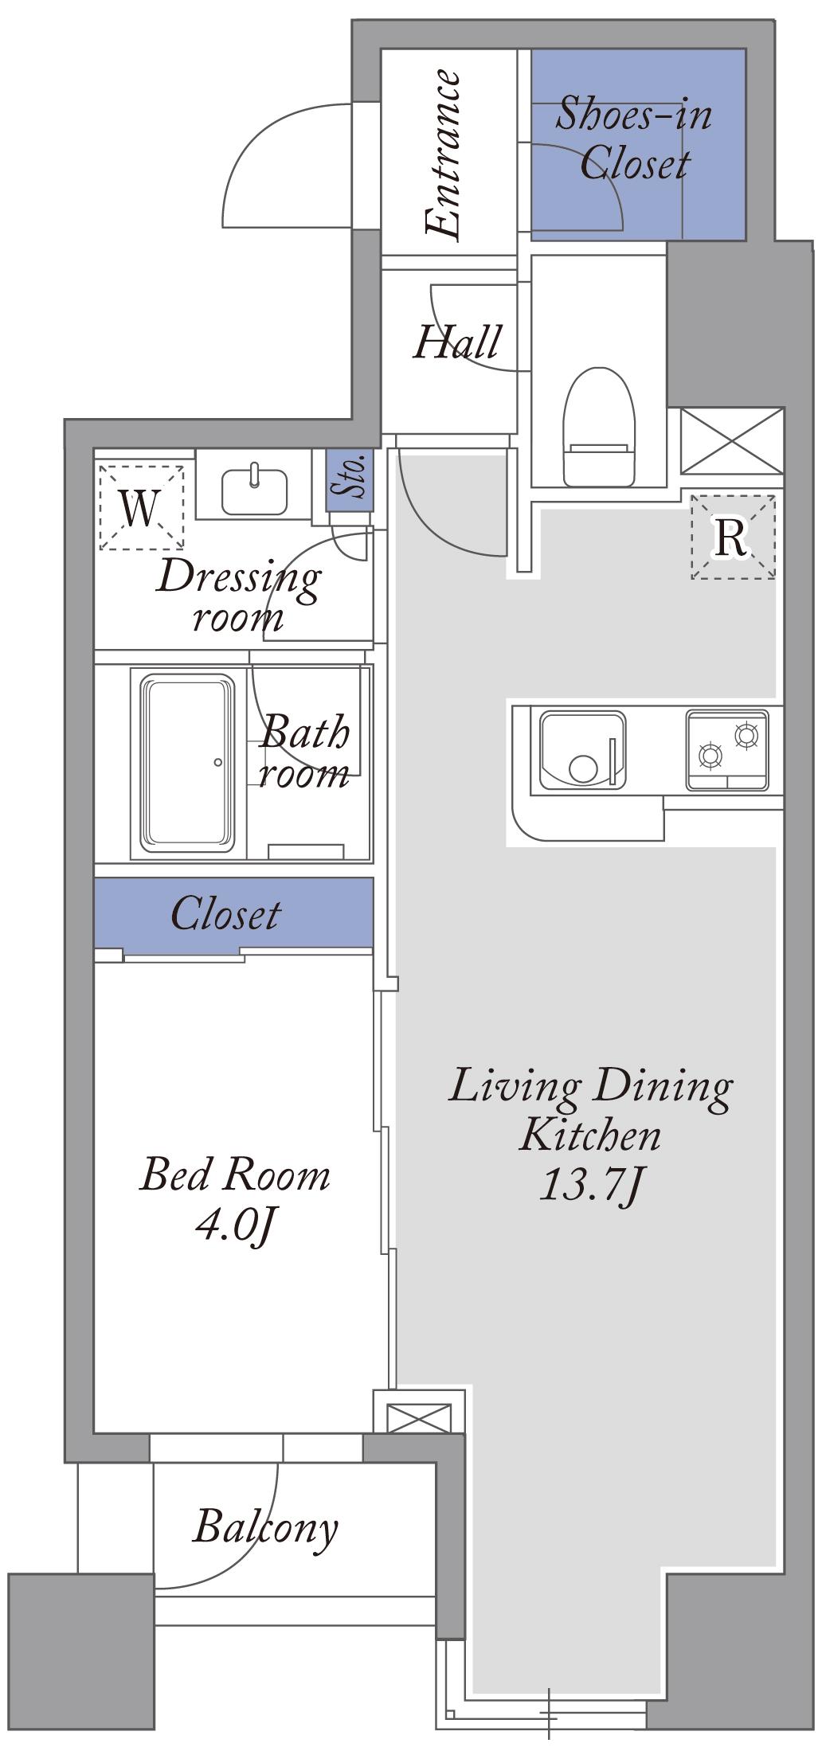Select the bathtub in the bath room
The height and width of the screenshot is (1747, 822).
coord(189,763)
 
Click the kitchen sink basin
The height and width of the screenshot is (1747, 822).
coord(582,750)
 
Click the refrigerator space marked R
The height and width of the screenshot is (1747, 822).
coord(732,537)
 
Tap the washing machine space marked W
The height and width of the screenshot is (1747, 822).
coord(141,507)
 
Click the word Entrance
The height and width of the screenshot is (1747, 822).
coord(443,155)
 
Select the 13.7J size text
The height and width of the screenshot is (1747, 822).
coord(590,1186)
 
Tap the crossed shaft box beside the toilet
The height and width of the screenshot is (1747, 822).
coord(731,440)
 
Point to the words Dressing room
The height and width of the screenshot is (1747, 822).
coord(239,595)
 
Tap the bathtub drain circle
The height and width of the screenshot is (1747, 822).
coord(218,763)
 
